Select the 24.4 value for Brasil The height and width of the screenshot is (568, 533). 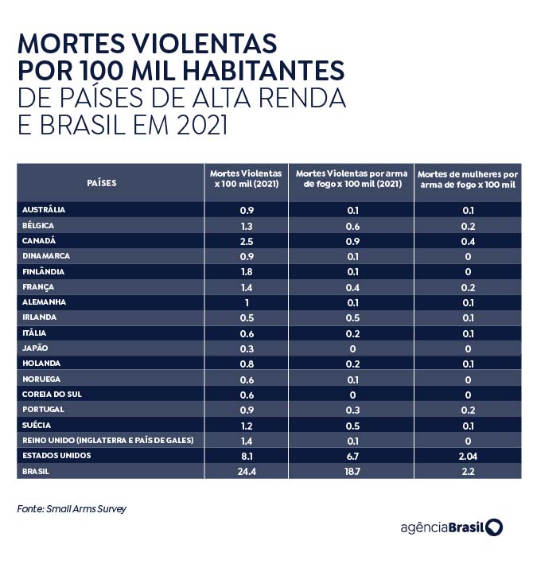pos(246,471)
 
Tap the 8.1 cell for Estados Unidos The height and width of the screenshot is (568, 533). pos(246,456)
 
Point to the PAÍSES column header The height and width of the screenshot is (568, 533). pos(101,183)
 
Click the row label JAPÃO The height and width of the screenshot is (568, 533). pos(34,348)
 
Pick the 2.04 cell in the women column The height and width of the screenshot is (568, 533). pos(468,456)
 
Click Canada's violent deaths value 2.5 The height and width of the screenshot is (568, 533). pos(246,240)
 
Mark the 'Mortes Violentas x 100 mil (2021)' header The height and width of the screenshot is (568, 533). pos(246,178)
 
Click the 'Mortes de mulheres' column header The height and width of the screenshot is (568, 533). pos(468,178)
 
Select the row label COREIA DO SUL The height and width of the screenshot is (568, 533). pos(45,395)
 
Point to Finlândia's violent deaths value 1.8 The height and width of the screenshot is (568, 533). pos(246,271)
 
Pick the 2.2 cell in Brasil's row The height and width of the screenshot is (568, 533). pos(468,471)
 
